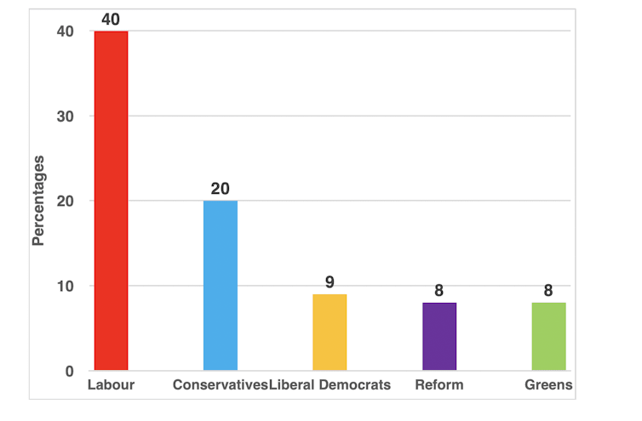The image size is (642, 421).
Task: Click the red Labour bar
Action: [111, 201]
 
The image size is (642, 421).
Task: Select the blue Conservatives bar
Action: [220, 286]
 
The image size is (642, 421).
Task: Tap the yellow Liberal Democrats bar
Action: [330, 333]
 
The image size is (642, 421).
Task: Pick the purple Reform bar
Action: [439, 337]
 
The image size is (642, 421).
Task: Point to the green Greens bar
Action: [548, 337]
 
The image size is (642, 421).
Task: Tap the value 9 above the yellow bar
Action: [330, 282]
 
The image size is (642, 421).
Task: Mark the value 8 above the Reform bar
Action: [439, 290]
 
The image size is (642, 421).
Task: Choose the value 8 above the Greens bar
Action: [548, 290]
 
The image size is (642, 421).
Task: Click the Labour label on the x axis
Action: [112, 385]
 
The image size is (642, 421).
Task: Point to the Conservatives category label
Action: [220, 385]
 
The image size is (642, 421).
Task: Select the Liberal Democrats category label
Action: [330, 385]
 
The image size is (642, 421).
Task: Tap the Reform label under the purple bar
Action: [439, 385]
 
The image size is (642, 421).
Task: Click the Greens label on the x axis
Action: [549, 385]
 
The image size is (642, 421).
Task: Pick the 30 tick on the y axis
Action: [66, 116]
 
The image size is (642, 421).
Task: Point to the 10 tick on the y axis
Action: [66, 286]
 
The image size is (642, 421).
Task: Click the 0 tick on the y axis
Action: [70, 371]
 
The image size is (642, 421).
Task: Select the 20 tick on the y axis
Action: [66, 201]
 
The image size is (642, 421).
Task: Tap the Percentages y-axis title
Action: [38, 201]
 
